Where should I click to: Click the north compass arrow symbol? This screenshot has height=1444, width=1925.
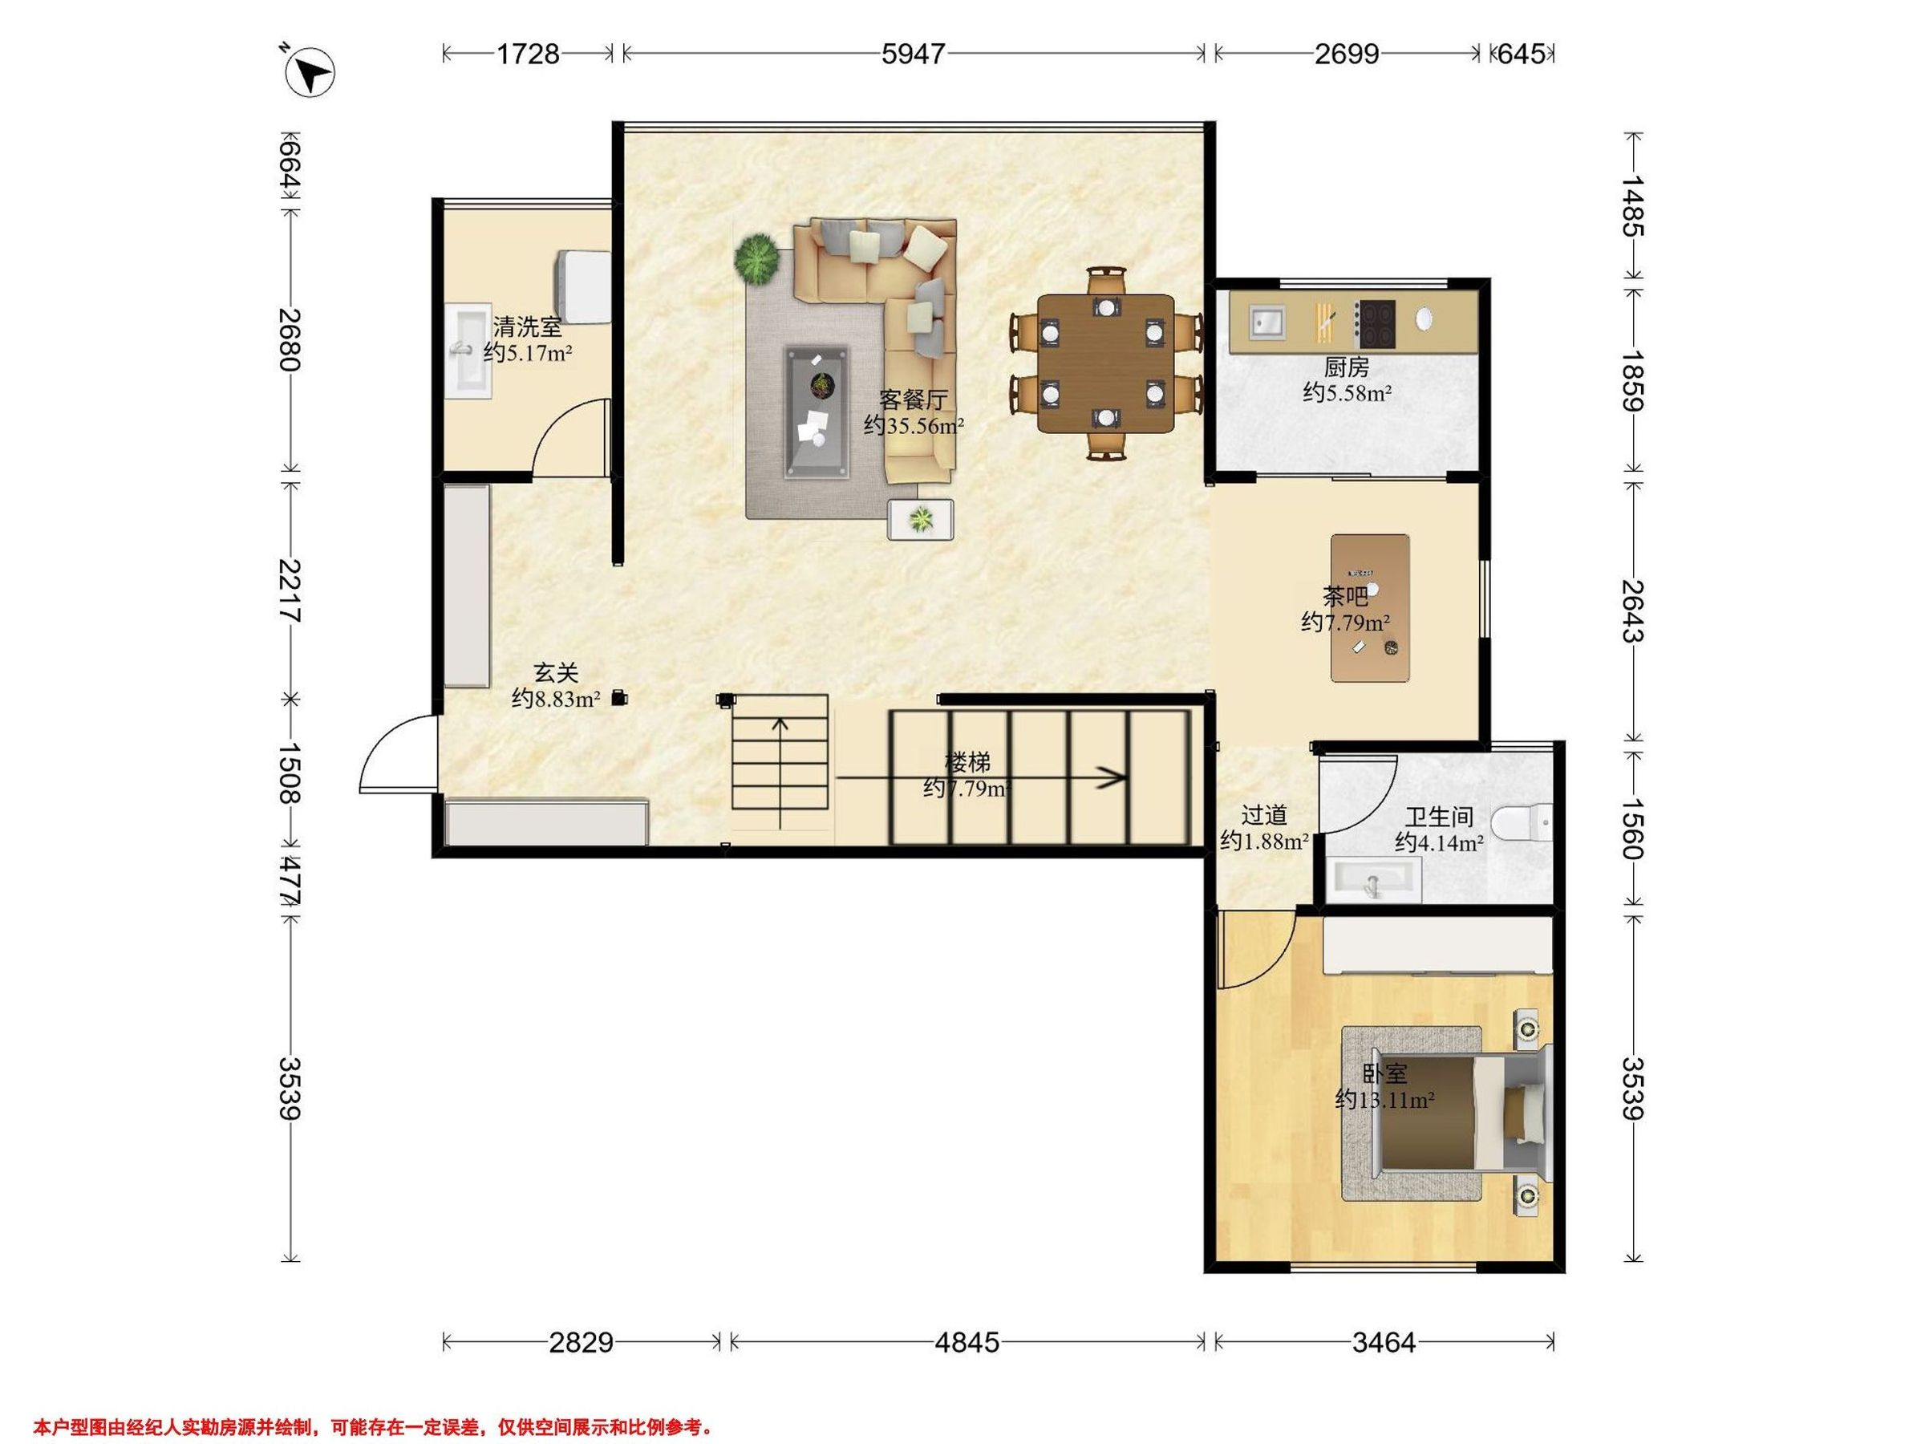pos(310,71)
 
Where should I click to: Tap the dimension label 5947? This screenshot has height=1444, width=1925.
pos(913,54)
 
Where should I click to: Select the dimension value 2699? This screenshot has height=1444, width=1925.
pos(1346,54)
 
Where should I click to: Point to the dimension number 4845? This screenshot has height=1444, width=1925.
pos(967,1343)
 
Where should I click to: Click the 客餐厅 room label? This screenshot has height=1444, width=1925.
pos(913,400)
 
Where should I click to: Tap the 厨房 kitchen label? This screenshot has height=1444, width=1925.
pos(1346,367)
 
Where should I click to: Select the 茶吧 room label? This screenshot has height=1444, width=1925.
pos(1344,596)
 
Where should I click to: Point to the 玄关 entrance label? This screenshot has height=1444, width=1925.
pos(556,673)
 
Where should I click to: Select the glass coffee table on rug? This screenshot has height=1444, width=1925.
pos(817,412)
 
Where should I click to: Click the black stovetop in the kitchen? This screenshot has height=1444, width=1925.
pos(1376,324)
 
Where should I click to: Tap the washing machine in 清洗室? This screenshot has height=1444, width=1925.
pos(583,286)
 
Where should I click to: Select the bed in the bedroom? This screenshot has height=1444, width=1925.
pos(1461,1113)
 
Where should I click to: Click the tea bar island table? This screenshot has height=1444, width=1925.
pos(1371,607)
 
